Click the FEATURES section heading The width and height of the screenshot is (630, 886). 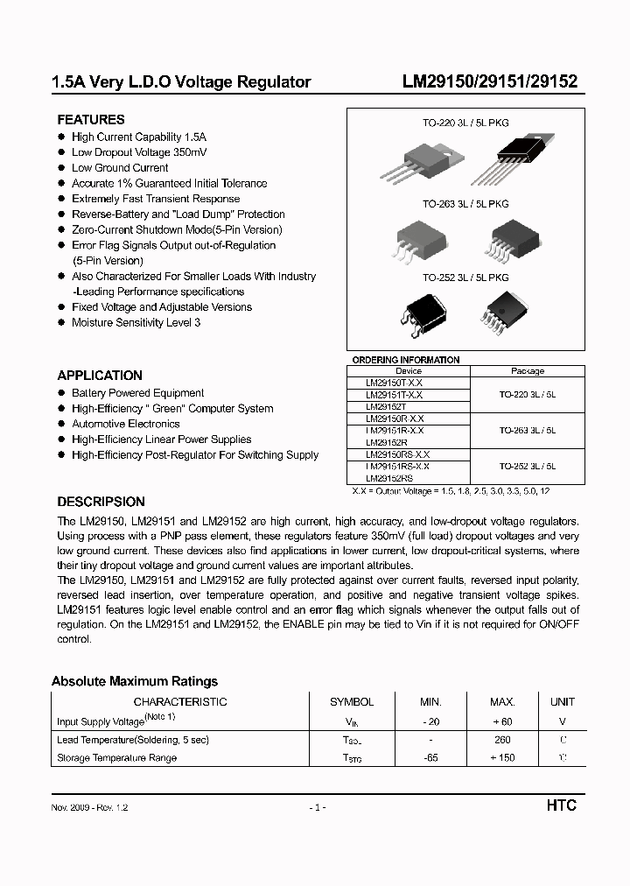[x=91, y=119]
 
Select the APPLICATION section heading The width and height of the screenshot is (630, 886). [x=100, y=375]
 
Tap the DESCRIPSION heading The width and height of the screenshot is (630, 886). [x=101, y=502]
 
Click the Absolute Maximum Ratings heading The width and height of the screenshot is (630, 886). [x=135, y=681]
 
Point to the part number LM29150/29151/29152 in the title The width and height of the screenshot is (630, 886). [x=489, y=82]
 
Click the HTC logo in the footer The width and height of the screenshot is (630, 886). [x=561, y=805]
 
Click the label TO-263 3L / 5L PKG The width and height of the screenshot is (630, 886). [x=465, y=204]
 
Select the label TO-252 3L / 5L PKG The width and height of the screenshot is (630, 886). [x=465, y=278]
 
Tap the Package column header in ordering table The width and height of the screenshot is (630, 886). [x=528, y=371]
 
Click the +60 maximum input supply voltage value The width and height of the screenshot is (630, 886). [x=501, y=721]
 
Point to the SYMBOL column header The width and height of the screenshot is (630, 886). [x=352, y=701]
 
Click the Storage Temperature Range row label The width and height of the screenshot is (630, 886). [x=116, y=757]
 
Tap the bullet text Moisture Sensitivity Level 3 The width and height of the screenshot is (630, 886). [x=136, y=322]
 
